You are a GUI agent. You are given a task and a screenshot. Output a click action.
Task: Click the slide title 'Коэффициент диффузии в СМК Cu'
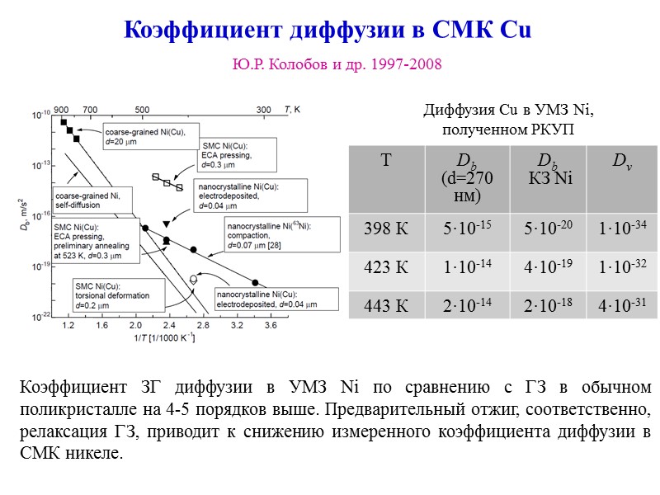click(328, 30)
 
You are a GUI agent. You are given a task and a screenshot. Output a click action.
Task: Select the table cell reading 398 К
click(386, 228)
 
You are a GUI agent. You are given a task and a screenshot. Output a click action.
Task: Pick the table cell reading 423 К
click(386, 268)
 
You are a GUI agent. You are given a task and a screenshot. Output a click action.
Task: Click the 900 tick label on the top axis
click(61, 109)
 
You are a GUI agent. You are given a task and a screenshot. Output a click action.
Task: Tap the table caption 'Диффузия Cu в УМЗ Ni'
click(508, 112)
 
